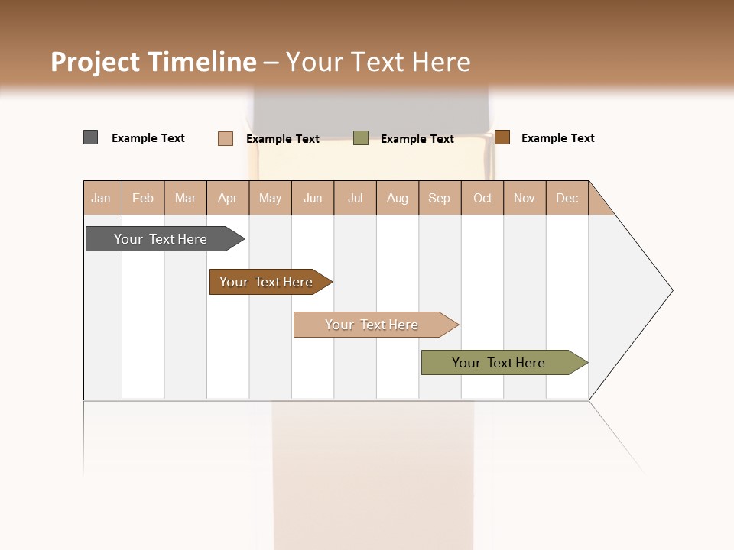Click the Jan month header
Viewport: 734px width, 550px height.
coord(102,198)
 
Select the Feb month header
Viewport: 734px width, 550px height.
coord(143,198)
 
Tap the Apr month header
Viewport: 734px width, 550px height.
coord(228,198)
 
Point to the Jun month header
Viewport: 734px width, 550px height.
coord(313,198)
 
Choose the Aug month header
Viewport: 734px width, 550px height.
coord(398,198)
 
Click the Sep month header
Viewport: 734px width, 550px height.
coord(440,198)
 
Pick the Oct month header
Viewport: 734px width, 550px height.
coord(482,198)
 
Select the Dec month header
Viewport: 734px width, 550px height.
coord(567,198)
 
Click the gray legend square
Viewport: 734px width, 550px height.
coord(91,137)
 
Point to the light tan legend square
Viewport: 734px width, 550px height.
coord(226,138)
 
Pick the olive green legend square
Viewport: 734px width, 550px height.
coord(361,138)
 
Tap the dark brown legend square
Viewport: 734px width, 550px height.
coord(502,137)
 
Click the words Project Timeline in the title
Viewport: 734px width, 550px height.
coord(154,62)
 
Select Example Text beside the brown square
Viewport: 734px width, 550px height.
coord(558,138)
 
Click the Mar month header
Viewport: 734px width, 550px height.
coord(185,198)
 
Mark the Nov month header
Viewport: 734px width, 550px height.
coord(525,198)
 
